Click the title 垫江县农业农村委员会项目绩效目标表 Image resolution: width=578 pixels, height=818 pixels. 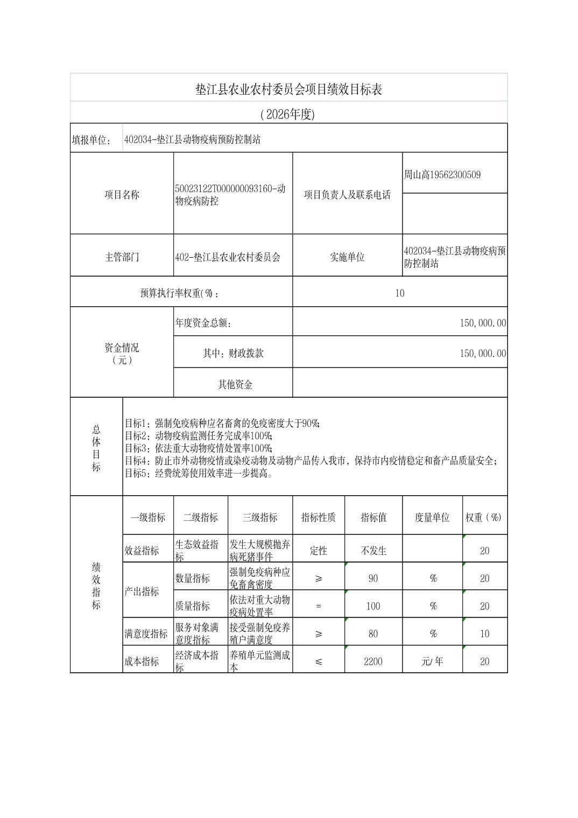pyautogui.click(x=288, y=89)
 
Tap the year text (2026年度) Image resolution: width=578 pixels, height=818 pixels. pyautogui.click(x=287, y=114)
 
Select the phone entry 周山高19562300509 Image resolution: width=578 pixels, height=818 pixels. pyautogui.click(x=442, y=174)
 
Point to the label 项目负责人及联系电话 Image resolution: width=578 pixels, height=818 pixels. pyautogui.click(x=347, y=195)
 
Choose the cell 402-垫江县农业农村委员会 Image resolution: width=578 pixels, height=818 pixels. pyautogui.click(x=228, y=257)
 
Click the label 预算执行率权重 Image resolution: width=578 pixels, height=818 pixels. pyautogui.click(x=180, y=293)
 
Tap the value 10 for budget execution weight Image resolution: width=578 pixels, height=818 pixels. pyautogui.click(x=399, y=293)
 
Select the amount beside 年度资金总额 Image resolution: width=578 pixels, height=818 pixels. pyautogui.click(x=482, y=323)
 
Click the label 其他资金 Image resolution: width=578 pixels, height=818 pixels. pyautogui.click(x=235, y=384)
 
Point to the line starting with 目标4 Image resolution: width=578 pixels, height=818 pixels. pyautogui.click(x=311, y=461)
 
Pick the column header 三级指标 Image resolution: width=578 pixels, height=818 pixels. pyautogui.click(x=260, y=517)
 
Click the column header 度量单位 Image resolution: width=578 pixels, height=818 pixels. pyautogui.click(x=432, y=517)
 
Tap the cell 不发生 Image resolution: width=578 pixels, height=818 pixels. pyautogui.click(x=373, y=551)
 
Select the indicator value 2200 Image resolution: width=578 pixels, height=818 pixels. pyautogui.click(x=373, y=661)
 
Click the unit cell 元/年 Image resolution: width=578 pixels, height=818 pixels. pyautogui.click(x=432, y=661)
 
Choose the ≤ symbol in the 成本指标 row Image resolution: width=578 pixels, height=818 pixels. pyautogui.click(x=319, y=661)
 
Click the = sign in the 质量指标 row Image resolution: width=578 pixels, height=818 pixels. pyautogui.click(x=319, y=606)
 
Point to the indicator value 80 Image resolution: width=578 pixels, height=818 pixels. pyautogui.click(x=373, y=634)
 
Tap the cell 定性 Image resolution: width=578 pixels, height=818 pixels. pyautogui.click(x=319, y=551)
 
